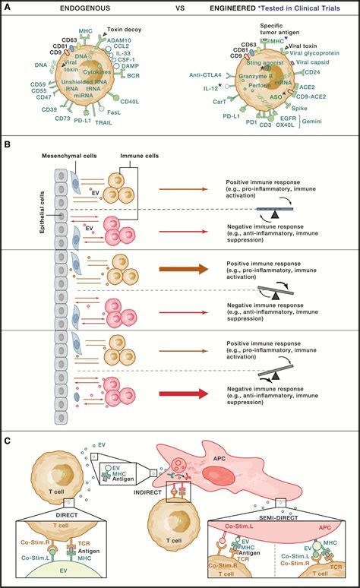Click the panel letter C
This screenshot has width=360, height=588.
coord(7,439)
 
